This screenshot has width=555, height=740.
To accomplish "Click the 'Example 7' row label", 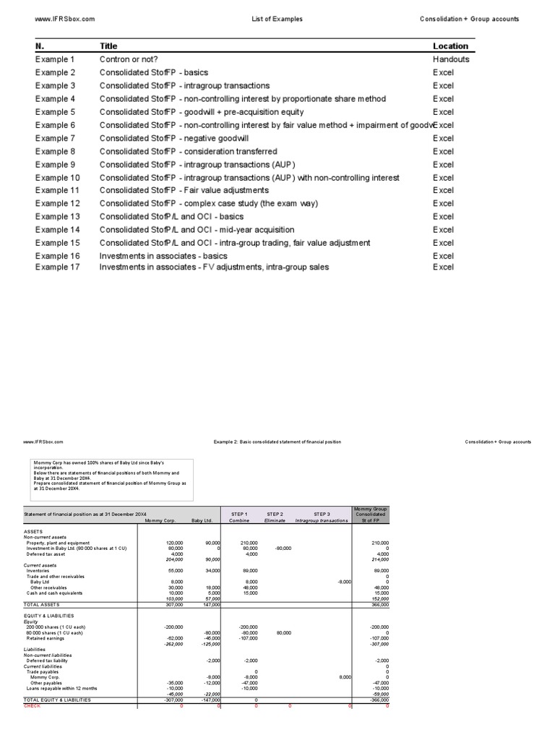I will pyautogui.click(x=55, y=138).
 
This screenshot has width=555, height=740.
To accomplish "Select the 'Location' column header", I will pyautogui.click(x=450, y=46).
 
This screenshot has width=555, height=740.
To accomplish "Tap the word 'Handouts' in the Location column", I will pyautogui.click(x=451, y=59).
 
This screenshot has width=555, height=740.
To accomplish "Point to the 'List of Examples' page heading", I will pyautogui.click(x=277, y=19).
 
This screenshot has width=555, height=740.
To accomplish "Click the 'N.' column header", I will pyautogui.click(x=40, y=46).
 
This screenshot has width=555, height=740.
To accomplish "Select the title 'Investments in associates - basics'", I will pyautogui.click(x=163, y=256).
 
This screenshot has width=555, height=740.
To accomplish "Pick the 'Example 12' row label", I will pyautogui.click(x=57, y=204).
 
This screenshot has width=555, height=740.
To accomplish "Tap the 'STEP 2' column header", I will pyautogui.click(x=274, y=514).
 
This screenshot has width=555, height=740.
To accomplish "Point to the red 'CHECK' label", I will pyautogui.click(x=33, y=705).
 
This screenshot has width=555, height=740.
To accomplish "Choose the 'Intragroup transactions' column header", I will pyautogui.click(x=322, y=520).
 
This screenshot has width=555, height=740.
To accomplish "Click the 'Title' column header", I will pyautogui.click(x=108, y=46).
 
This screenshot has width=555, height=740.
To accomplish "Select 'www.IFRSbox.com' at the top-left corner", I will pyautogui.click(x=65, y=19).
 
